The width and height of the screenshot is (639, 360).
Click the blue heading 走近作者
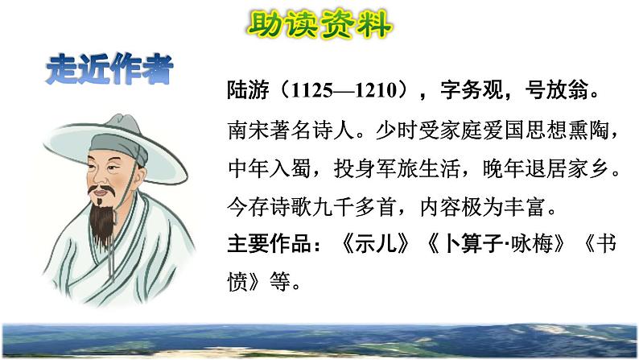click(109, 69)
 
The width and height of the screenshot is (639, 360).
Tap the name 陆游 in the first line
click(248, 89)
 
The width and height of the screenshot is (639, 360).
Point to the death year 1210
click(376, 90)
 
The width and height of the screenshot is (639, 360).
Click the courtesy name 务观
click(483, 89)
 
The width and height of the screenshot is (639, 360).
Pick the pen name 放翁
click(567, 89)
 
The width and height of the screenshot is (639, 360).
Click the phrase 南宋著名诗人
click(291, 130)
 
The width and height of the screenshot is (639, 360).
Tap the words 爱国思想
click(525, 130)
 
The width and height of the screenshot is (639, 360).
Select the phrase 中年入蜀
click(270, 168)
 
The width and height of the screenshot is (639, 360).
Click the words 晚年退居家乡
click(546, 168)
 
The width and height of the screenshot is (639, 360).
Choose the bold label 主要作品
click(270, 244)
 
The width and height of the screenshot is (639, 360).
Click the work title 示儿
click(375, 244)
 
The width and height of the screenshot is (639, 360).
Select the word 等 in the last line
click(280, 281)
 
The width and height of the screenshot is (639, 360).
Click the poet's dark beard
click(102, 223)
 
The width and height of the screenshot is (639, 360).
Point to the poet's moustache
click(101, 188)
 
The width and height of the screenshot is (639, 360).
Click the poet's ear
click(139, 176)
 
